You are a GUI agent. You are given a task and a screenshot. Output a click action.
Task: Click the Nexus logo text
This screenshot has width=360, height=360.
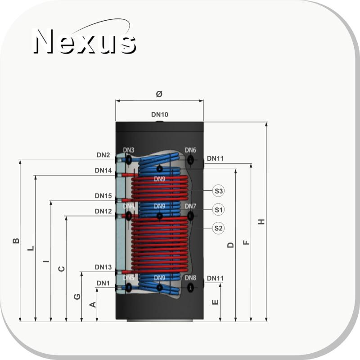pyautogui.click(x=85, y=41)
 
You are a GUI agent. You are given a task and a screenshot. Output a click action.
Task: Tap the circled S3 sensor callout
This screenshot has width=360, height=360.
pyautogui.click(x=218, y=191)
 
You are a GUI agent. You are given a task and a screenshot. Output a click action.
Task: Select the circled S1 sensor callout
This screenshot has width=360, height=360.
pyautogui.click(x=218, y=210)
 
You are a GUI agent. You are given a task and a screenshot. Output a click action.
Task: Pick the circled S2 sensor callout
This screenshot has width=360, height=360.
pyautogui.click(x=218, y=228)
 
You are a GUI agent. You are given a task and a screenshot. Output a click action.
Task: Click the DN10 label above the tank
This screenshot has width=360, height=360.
pyautogui.click(x=160, y=114)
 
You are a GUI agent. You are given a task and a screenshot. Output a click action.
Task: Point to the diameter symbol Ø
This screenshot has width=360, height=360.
pyautogui.click(x=159, y=94)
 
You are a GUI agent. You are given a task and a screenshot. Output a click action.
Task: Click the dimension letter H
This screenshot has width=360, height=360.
pyautogui.click(x=261, y=222)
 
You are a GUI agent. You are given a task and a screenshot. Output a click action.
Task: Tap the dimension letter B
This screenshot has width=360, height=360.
pyautogui.click(x=16, y=241)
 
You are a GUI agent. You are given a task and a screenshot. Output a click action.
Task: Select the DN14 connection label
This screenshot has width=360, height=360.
pyautogui.click(x=103, y=171)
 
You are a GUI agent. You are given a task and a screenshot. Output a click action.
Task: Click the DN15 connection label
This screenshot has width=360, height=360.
pyautogui.click(x=103, y=196)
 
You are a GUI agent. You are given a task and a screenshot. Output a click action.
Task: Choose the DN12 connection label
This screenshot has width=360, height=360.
pyautogui.click(x=103, y=211)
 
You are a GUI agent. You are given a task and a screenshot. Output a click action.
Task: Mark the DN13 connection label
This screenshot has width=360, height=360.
pyautogui.click(x=103, y=267)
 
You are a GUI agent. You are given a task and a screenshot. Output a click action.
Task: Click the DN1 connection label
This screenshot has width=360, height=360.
pyautogui.click(x=103, y=283)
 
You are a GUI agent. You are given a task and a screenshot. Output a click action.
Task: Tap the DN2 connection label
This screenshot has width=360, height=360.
pyautogui.click(x=103, y=155)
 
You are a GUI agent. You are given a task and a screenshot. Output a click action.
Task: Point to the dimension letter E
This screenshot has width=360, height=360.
pyautogui.click(x=215, y=302)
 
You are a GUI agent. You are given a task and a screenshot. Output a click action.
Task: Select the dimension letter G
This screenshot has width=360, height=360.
pyautogui.click(x=77, y=297)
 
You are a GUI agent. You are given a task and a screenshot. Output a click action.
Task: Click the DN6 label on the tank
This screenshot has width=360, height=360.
pyautogui.click(x=190, y=150)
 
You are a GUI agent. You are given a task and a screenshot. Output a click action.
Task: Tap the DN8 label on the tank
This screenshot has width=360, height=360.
pyautogui.click(x=190, y=278)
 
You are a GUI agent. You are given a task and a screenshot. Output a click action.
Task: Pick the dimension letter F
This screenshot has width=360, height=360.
pyautogui.click(x=246, y=243)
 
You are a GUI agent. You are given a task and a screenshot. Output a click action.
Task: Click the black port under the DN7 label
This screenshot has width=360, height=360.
pyautogui.click(x=190, y=216)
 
